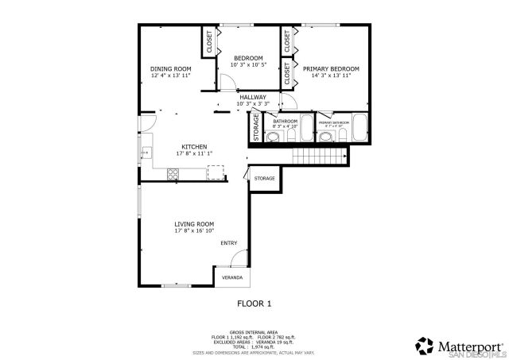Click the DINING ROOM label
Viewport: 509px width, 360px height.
(171, 69)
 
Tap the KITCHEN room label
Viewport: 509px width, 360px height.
(194, 147)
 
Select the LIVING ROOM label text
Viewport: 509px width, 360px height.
(195, 224)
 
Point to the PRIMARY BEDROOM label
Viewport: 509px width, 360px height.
(331, 69)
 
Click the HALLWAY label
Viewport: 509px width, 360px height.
(252, 97)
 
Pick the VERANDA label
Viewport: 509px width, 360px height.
(232, 278)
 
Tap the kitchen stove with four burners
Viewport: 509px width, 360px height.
(172, 175)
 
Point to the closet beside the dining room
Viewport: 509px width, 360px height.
(210, 42)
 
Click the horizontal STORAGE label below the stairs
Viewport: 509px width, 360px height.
(265, 178)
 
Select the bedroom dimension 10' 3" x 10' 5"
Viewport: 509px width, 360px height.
(248, 64)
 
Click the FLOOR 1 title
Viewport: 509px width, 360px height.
(254, 303)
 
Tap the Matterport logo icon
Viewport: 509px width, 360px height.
(423, 345)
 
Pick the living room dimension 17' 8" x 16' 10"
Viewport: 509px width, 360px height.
(195, 230)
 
